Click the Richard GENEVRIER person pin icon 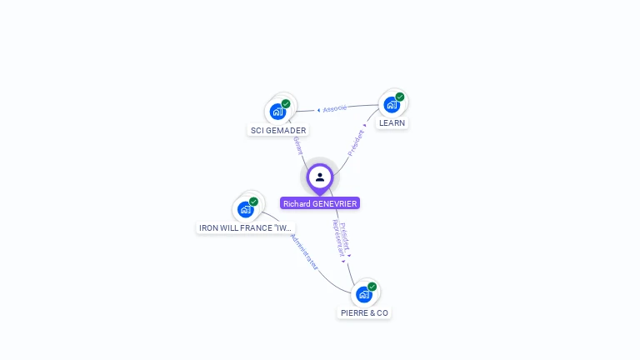tap(320, 177)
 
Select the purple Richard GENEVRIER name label tap(320, 203)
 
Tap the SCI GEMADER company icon tap(277, 112)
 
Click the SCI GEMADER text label tap(278, 130)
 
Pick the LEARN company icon tap(391, 104)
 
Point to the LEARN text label tap(392, 122)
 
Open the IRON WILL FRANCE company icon tap(246, 209)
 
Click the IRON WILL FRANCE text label tap(246, 227)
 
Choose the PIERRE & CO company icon tap(364, 294)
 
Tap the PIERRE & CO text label tap(364, 312)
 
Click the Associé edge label tap(334, 108)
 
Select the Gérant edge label tap(297, 145)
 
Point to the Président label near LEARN tap(356, 142)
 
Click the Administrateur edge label tap(303, 252)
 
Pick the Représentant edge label tap(337, 239)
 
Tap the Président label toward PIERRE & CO tap(346, 237)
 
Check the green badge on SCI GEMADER tap(286, 104)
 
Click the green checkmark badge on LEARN tap(400, 97)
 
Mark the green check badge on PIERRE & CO tap(372, 287)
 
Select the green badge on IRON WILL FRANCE tap(254, 202)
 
